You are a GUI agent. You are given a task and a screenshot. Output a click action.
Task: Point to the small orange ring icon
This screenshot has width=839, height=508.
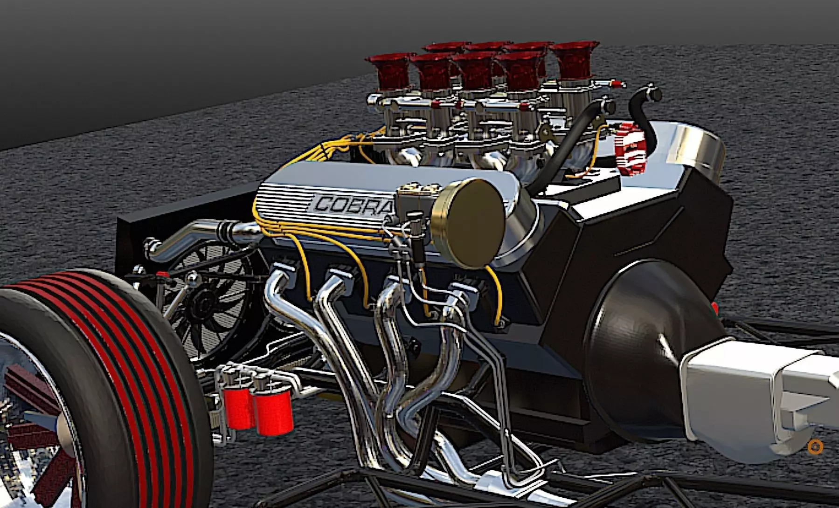[815, 447]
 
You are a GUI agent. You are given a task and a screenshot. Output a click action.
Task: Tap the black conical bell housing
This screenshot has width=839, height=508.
[648, 354]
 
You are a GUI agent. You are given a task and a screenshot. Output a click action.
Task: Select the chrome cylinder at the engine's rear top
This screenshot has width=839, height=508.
[695, 144]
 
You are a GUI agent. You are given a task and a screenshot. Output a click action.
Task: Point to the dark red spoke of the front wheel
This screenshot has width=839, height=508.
[28, 387]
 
